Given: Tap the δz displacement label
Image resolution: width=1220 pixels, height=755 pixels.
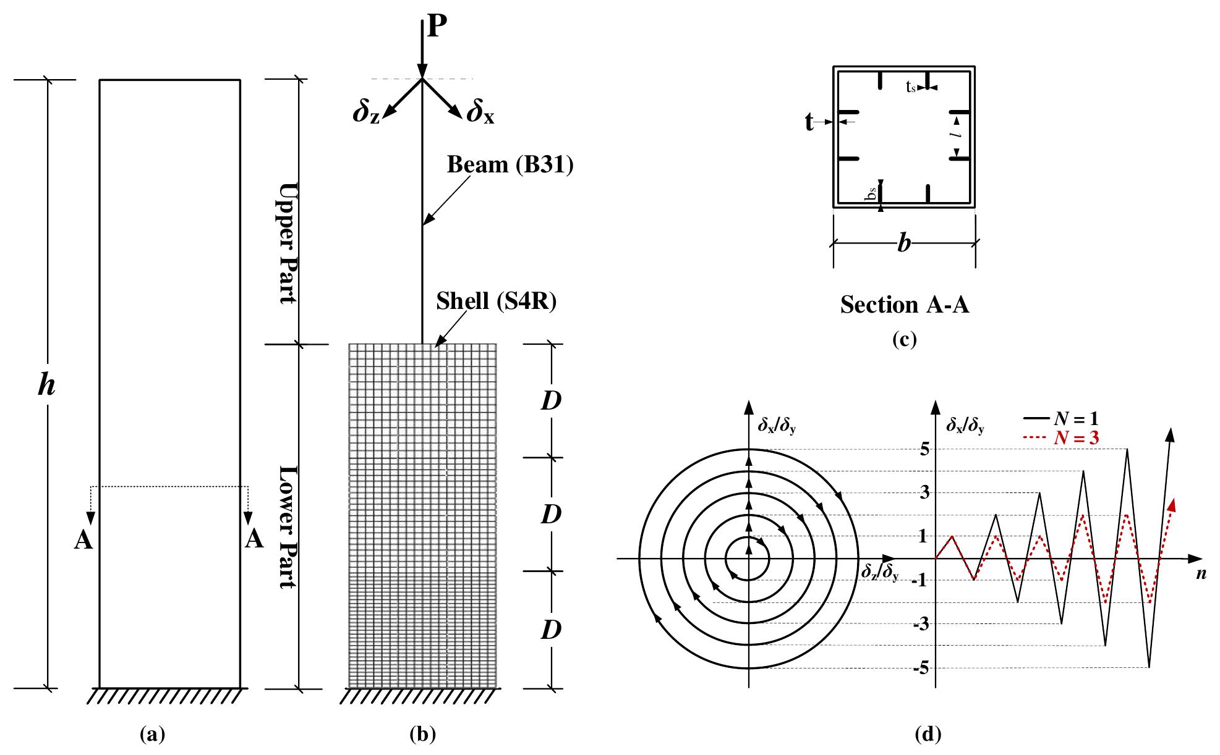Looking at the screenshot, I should [x=367, y=112].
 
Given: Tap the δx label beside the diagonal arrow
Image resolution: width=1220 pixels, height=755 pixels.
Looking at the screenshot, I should [x=480, y=112].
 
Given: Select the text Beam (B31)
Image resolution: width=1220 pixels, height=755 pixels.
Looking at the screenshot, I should [x=510, y=165].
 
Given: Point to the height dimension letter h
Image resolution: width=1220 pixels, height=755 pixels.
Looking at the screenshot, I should [x=46, y=386].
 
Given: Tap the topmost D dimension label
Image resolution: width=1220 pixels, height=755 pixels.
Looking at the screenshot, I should [x=551, y=401].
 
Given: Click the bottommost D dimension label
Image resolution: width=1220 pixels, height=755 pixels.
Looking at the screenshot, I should [x=551, y=630].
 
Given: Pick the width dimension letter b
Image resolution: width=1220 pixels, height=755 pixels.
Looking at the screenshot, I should [x=904, y=243].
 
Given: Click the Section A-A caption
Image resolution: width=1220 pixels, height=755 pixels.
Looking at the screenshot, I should [x=904, y=305].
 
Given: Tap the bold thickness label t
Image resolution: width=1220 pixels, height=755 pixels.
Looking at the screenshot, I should [x=809, y=123].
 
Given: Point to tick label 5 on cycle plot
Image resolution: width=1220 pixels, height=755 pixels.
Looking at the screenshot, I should [x=924, y=449].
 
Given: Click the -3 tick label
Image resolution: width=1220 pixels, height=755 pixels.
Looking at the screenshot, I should [x=921, y=625].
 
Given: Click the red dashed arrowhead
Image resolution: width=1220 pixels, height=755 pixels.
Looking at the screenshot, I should [x=1172, y=505].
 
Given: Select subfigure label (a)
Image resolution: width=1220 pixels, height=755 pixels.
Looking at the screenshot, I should [x=153, y=735].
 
